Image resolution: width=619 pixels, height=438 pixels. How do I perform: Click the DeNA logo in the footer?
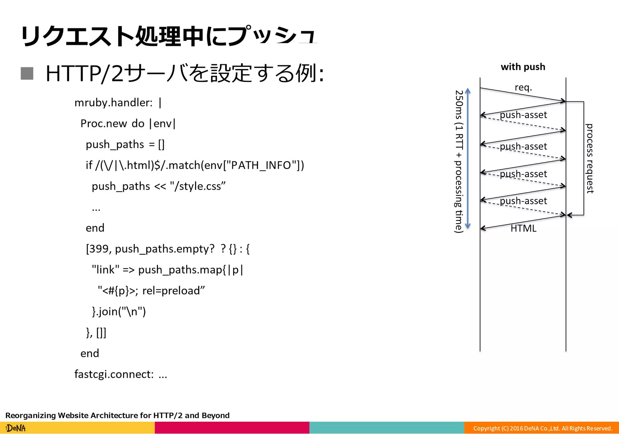(16, 428)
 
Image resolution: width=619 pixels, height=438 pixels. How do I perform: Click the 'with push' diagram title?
(523, 67)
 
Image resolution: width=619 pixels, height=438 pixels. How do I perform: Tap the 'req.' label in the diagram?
(523, 87)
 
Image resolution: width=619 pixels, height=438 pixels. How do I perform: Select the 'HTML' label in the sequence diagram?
(523, 228)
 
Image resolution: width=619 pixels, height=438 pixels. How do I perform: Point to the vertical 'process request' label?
(589, 158)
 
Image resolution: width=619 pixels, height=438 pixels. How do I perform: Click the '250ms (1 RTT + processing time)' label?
(459, 161)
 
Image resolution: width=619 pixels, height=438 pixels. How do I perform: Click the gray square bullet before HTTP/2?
(27, 73)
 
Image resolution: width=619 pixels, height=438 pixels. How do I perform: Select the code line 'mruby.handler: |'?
(118, 103)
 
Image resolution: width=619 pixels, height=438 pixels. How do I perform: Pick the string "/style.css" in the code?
(198, 186)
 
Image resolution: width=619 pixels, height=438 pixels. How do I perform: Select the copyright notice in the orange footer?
(543, 428)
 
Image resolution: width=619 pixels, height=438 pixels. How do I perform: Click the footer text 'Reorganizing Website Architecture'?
(79, 415)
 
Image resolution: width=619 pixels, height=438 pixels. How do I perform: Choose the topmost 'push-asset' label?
(523, 115)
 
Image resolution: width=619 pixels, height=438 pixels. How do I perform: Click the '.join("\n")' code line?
(119, 311)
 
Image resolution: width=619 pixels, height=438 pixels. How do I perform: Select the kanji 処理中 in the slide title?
(169, 36)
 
